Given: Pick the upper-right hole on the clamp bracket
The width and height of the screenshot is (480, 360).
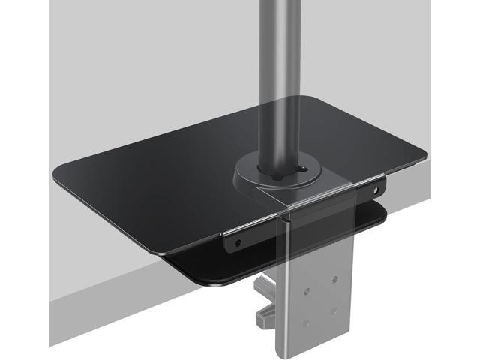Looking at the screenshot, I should click(x=334, y=278).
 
